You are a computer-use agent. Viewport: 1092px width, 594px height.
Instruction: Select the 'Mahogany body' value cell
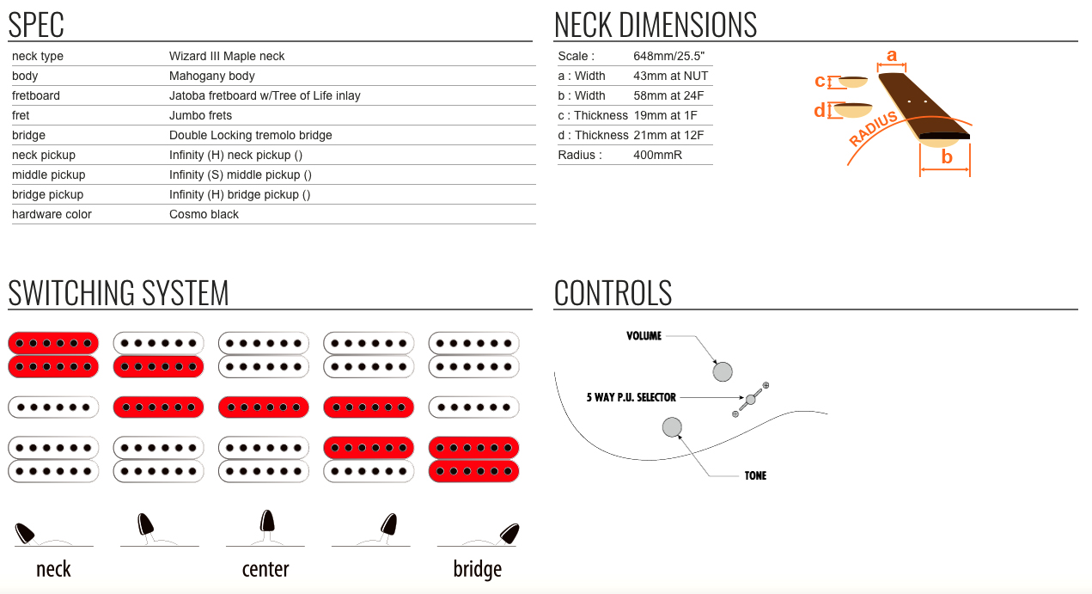tap(212, 77)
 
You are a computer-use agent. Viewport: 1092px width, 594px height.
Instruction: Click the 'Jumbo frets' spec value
tap(200, 115)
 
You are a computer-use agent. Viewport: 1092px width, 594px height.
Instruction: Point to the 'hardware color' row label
tap(52, 215)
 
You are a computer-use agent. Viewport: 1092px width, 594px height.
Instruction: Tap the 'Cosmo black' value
tap(204, 215)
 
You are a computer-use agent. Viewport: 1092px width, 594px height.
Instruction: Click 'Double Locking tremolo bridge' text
tap(251, 136)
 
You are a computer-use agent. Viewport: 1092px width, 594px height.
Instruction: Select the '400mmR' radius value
tap(657, 155)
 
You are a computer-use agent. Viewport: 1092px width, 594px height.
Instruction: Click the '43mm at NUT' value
tap(671, 77)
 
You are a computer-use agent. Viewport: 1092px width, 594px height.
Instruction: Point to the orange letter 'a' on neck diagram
tap(892, 56)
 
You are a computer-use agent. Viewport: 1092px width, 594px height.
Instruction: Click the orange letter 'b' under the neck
tap(947, 157)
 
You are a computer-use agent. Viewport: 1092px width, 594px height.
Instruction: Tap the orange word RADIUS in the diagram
tap(873, 129)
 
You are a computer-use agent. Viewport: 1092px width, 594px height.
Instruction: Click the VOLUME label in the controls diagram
tap(644, 336)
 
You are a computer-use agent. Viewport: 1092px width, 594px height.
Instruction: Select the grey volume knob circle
tap(723, 371)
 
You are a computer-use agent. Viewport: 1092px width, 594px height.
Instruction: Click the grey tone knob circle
tap(672, 427)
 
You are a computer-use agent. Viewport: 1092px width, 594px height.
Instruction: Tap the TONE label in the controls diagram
tap(755, 475)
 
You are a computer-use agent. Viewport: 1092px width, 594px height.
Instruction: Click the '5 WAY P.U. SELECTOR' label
tap(631, 397)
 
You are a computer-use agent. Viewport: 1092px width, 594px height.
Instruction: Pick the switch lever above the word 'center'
tap(266, 522)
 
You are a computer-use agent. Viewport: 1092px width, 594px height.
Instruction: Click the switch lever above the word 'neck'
tap(24, 533)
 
